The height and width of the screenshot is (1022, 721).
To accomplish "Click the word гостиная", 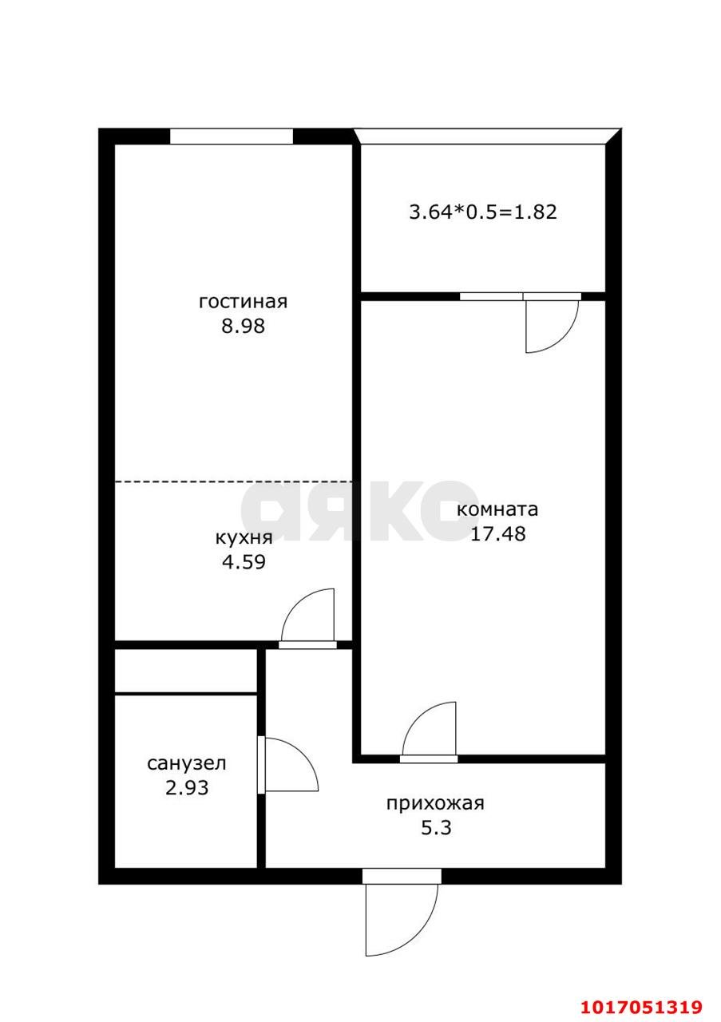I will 243,302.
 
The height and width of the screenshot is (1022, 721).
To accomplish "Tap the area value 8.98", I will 243,326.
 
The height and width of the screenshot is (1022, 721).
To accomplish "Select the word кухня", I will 244,537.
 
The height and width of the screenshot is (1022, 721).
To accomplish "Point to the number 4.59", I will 244,561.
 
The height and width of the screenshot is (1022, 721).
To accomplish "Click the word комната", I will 497,509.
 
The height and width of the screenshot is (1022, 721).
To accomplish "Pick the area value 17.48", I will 497,534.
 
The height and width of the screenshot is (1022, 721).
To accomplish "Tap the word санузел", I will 187,763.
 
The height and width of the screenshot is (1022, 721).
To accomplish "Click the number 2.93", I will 187,788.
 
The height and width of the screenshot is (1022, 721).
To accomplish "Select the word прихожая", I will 435,803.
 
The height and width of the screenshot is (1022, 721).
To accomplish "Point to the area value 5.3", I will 436,828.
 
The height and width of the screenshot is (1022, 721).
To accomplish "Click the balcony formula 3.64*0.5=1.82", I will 482,212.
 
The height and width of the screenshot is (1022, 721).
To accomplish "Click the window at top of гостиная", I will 232,137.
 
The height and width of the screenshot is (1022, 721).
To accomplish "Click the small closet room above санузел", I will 186,671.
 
